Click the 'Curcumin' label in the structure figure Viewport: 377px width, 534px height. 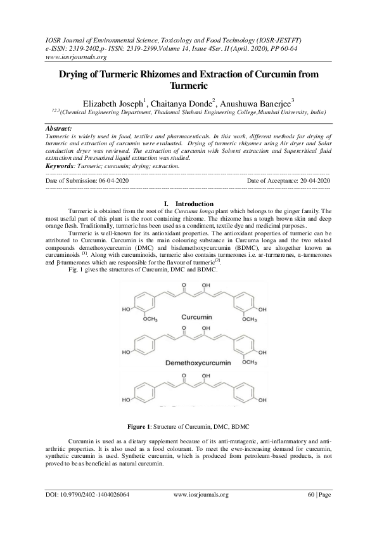pos(196,315)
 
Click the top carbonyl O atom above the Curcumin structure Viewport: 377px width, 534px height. pos(184,285)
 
